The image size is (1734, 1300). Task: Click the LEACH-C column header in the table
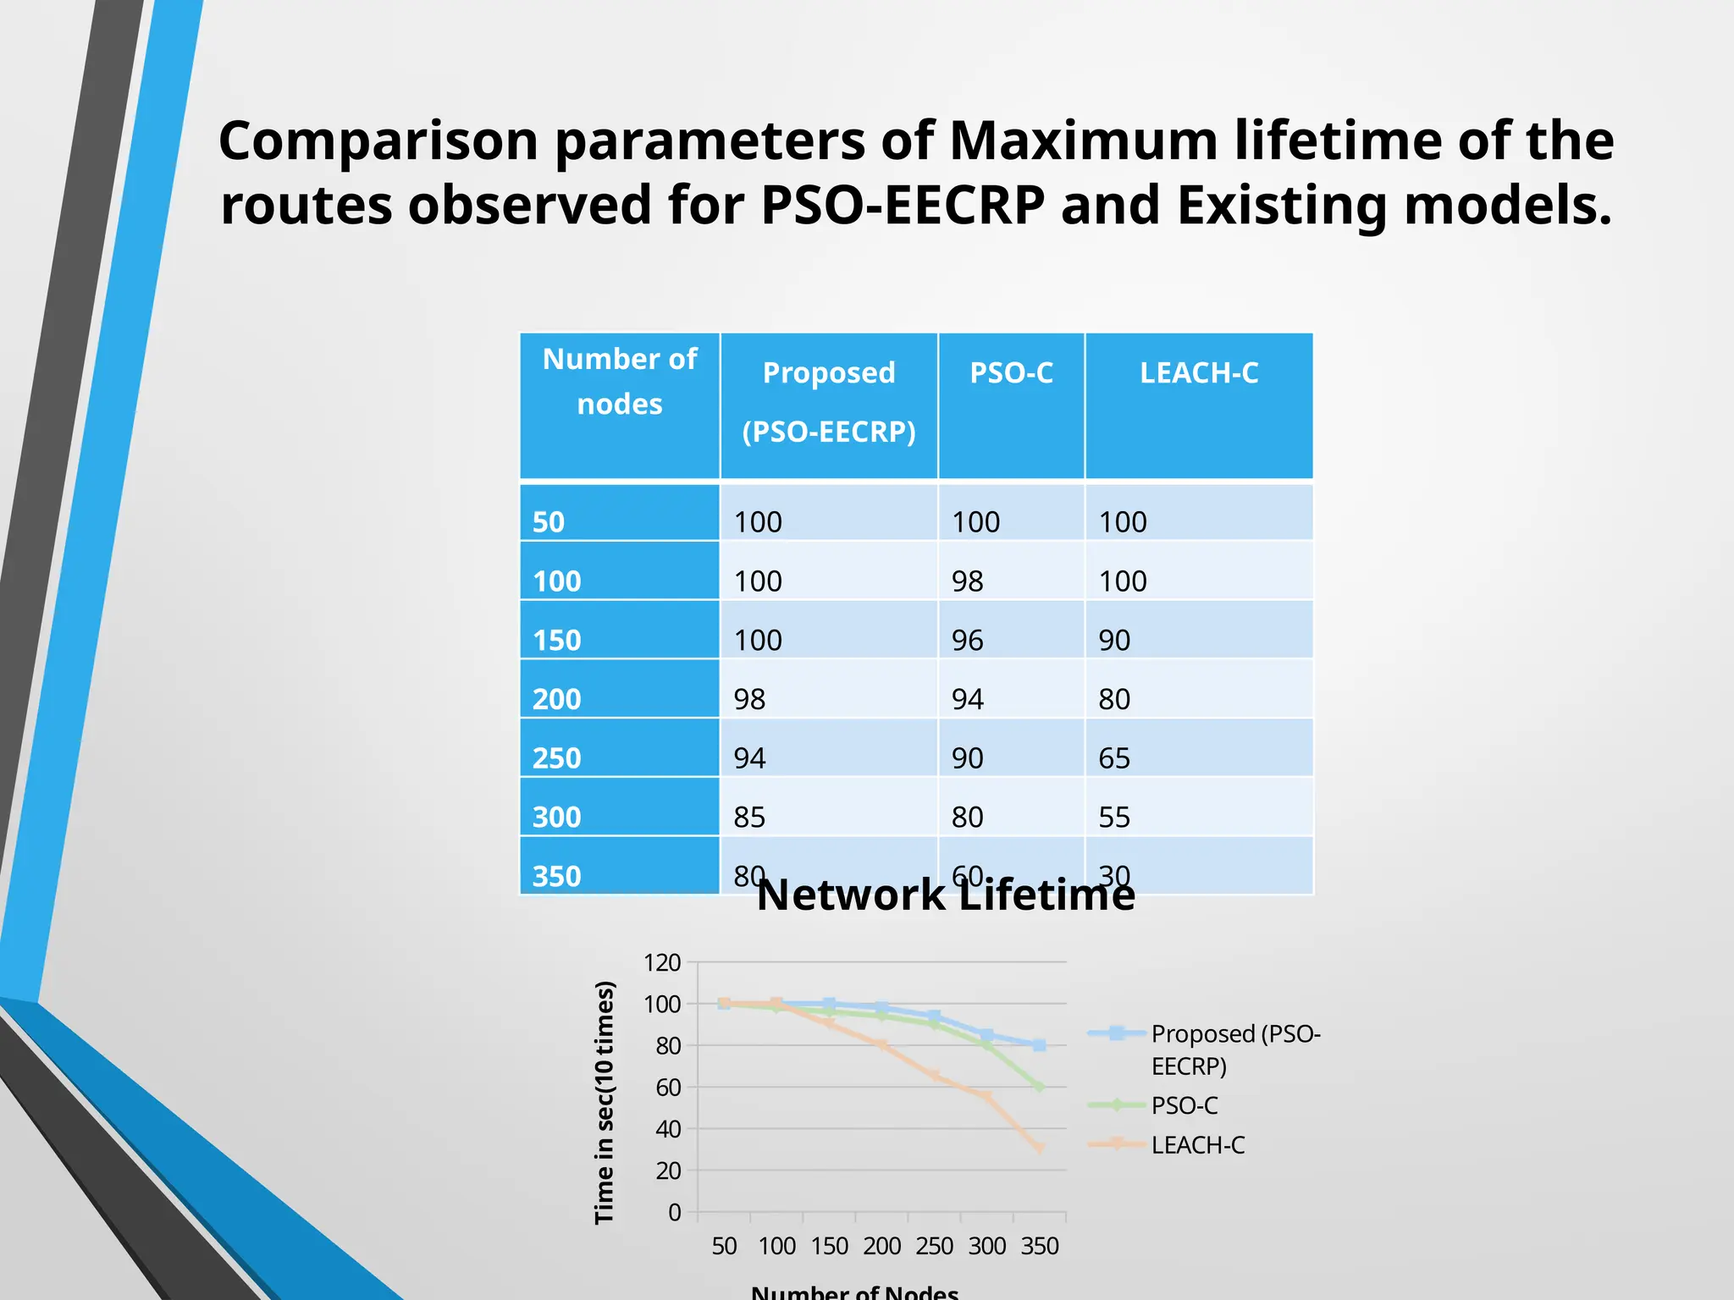[x=1198, y=373]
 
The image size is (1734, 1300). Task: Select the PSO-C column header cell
[x=1011, y=373]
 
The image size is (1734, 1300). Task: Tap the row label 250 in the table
[x=556, y=757]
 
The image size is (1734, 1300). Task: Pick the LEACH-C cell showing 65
[x=1114, y=757]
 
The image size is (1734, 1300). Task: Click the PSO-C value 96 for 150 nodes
[x=967, y=640]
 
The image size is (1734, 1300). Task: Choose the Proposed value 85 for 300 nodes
[x=749, y=817]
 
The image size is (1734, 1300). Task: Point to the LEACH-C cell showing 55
[x=1114, y=817]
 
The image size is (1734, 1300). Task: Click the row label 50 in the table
[x=548, y=521]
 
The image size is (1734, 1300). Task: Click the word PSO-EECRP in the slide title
[x=903, y=206]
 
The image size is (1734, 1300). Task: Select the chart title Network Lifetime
[x=945, y=895]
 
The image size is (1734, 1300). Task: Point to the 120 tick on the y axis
[x=662, y=962]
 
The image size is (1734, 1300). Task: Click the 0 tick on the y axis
[x=674, y=1212]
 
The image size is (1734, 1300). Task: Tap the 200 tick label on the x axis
[x=881, y=1246]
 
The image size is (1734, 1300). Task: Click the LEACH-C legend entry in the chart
[x=1197, y=1145]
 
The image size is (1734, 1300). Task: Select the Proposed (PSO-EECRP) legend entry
[x=1234, y=1049]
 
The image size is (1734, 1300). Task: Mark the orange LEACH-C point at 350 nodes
[x=1039, y=1149]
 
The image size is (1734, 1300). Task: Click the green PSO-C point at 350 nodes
[x=1039, y=1087]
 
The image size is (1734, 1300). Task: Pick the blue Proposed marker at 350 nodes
[x=1039, y=1045]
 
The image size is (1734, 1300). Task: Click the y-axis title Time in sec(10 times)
[x=604, y=1102]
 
